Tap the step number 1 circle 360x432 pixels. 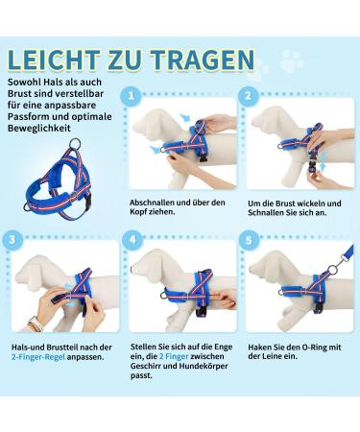132,95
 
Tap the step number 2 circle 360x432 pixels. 249,95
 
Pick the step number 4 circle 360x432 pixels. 132,237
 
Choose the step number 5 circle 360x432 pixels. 249,237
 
